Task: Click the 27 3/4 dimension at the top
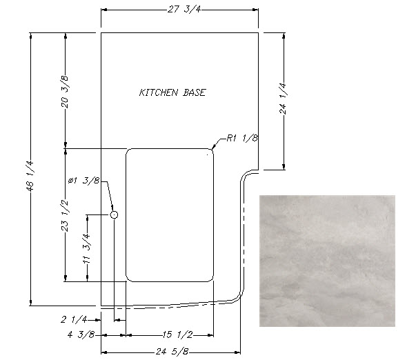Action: [x=184, y=10]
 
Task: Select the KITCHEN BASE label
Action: [x=172, y=92]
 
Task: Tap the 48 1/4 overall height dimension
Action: [x=30, y=176]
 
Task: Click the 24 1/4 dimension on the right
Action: [x=283, y=99]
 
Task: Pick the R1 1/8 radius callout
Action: [x=242, y=138]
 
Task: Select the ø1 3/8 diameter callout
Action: [x=84, y=181]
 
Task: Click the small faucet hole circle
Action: [x=114, y=215]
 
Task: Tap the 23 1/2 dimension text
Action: [x=65, y=215]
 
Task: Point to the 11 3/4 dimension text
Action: [x=87, y=248]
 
